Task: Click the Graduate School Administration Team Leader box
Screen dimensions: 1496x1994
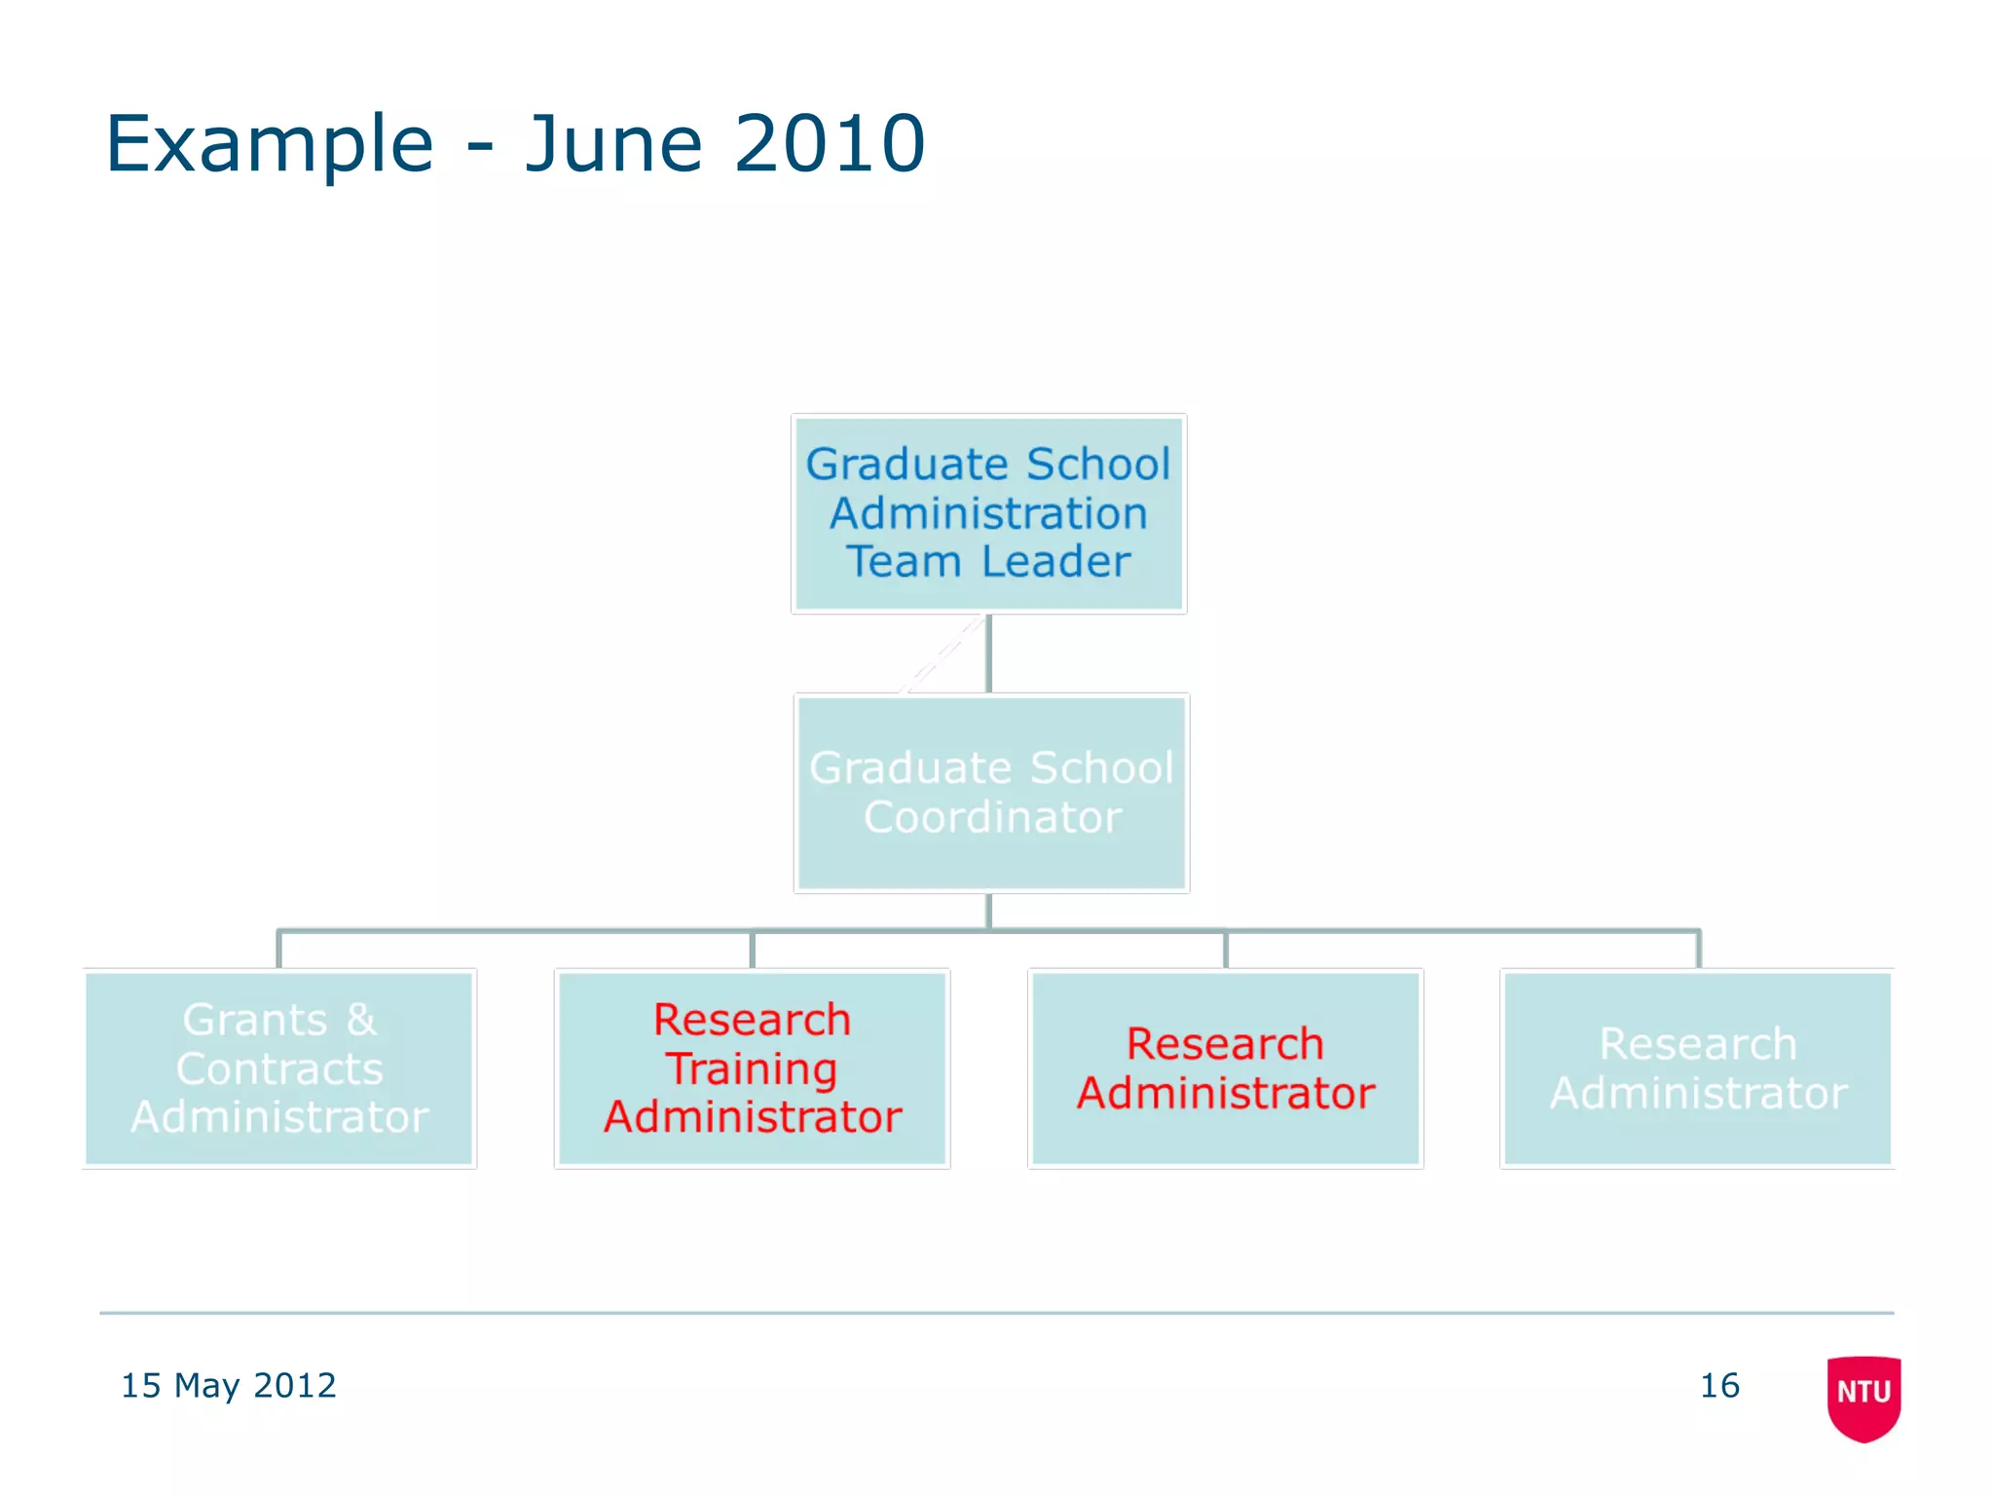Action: pos(988,513)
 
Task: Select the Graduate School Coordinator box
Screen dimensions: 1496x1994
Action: pos(991,793)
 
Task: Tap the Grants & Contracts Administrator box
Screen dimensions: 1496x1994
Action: pos(279,1068)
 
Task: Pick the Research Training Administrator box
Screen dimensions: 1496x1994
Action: pos(752,1068)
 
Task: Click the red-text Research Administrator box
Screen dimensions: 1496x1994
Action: pos(1225,1068)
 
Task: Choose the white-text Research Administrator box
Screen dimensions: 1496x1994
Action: pos(1697,1068)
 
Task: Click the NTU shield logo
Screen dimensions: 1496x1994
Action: pos(1864,1397)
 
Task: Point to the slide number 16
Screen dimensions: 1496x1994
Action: pos(1719,1385)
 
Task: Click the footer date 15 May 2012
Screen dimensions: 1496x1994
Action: pos(228,1385)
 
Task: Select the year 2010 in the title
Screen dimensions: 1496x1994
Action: pos(830,144)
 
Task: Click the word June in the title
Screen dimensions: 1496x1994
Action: pos(613,144)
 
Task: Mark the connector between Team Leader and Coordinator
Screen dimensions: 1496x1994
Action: pos(988,654)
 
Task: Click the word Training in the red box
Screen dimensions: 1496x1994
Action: pos(752,1069)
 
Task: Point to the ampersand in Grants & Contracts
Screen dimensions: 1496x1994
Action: pos(360,1020)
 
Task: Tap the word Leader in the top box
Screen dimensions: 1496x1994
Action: pos(1055,561)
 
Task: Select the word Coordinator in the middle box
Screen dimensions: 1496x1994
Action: pos(992,817)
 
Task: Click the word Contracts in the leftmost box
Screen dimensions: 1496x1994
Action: pos(279,1068)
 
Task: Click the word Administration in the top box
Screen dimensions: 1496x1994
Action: pos(988,513)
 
